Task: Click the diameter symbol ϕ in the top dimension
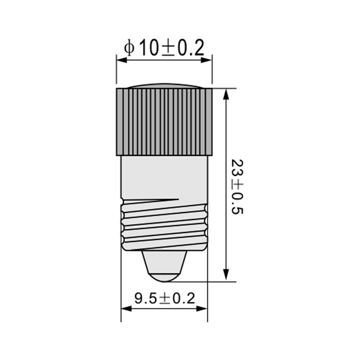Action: click(129, 48)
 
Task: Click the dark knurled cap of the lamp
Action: click(164, 121)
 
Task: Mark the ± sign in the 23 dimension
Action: click(237, 184)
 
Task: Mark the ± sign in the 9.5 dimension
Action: click(165, 299)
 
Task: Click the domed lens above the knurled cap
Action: click(164, 86)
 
